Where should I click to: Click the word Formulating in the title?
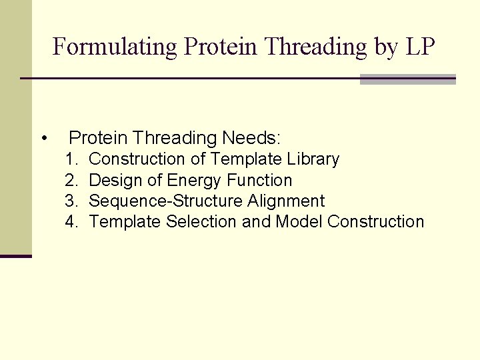click(115, 47)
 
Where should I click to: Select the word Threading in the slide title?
click(315, 47)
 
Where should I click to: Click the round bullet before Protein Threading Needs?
click(43, 139)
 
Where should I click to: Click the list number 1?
click(71, 160)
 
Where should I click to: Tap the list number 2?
click(71, 181)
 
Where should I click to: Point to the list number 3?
click(71, 201)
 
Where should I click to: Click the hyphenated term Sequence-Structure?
click(166, 201)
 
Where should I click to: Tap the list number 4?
click(71, 222)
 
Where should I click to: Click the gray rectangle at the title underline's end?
click(407, 79)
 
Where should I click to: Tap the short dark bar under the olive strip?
click(16, 256)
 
